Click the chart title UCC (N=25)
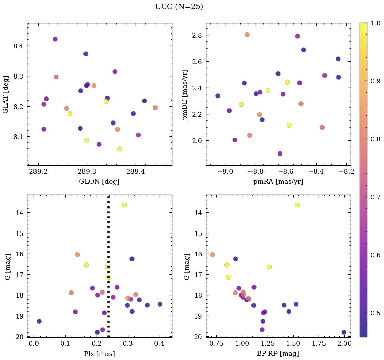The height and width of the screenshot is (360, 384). (x=179, y=7)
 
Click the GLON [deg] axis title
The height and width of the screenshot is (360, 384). (x=99, y=182)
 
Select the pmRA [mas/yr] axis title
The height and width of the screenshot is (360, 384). (x=278, y=182)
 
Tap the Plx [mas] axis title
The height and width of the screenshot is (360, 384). (x=99, y=354)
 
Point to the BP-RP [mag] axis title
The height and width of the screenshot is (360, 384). (x=278, y=354)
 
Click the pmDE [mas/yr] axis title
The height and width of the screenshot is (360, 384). (x=185, y=94)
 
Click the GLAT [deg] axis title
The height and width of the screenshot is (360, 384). (x=6, y=94)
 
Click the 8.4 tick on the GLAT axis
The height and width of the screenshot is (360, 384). (x=18, y=46)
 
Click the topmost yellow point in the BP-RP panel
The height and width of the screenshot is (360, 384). (x=297, y=205)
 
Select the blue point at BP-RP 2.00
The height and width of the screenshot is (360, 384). (x=344, y=332)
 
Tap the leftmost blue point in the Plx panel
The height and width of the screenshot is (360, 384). (x=39, y=321)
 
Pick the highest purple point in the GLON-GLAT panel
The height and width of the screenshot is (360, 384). (x=55, y=39)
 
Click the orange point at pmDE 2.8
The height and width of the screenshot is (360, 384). (x=247, y=35)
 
